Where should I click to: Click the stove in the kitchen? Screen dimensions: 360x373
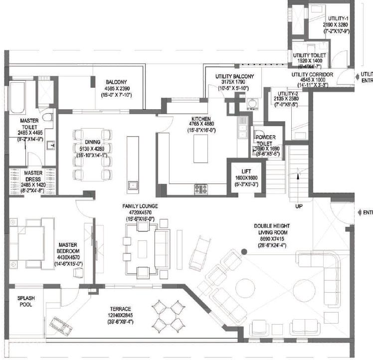200,188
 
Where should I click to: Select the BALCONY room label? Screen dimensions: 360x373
116,83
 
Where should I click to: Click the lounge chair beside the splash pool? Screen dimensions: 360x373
60,327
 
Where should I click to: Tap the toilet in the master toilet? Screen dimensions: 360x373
47,117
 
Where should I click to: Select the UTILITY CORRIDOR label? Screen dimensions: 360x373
313,74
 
